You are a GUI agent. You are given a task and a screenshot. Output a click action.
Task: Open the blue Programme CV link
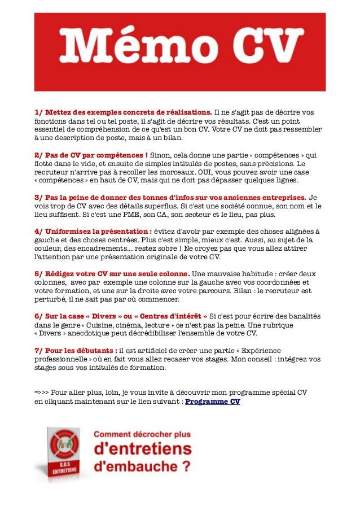[213, 402]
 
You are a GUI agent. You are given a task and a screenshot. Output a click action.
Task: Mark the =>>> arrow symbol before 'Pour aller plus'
[41, 393]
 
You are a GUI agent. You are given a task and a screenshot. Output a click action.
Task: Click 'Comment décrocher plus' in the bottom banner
[142, 435]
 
